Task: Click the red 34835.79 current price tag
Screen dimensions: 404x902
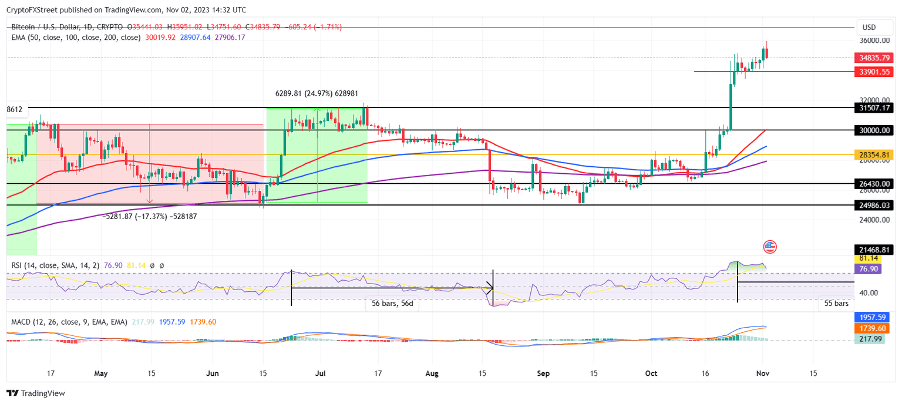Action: point(874,58)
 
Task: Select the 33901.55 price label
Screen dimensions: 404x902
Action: point(874,72)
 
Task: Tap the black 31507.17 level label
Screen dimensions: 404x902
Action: point(874,107)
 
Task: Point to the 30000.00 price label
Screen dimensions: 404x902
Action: point(874,130)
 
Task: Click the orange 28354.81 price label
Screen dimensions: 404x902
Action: point(874,154)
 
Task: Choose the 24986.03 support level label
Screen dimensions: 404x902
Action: point(874,205)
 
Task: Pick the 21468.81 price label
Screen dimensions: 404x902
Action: point(874,250)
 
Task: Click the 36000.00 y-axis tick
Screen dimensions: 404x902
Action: point(874,41)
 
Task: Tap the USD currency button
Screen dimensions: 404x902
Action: point(869,27)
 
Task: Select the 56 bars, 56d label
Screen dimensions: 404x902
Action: point(392,304)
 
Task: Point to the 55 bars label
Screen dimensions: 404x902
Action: point(836,304)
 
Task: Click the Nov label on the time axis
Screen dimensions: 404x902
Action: point(762,373)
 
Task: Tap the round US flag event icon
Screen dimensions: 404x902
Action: point(769,247)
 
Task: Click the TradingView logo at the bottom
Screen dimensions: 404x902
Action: point(36,393)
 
